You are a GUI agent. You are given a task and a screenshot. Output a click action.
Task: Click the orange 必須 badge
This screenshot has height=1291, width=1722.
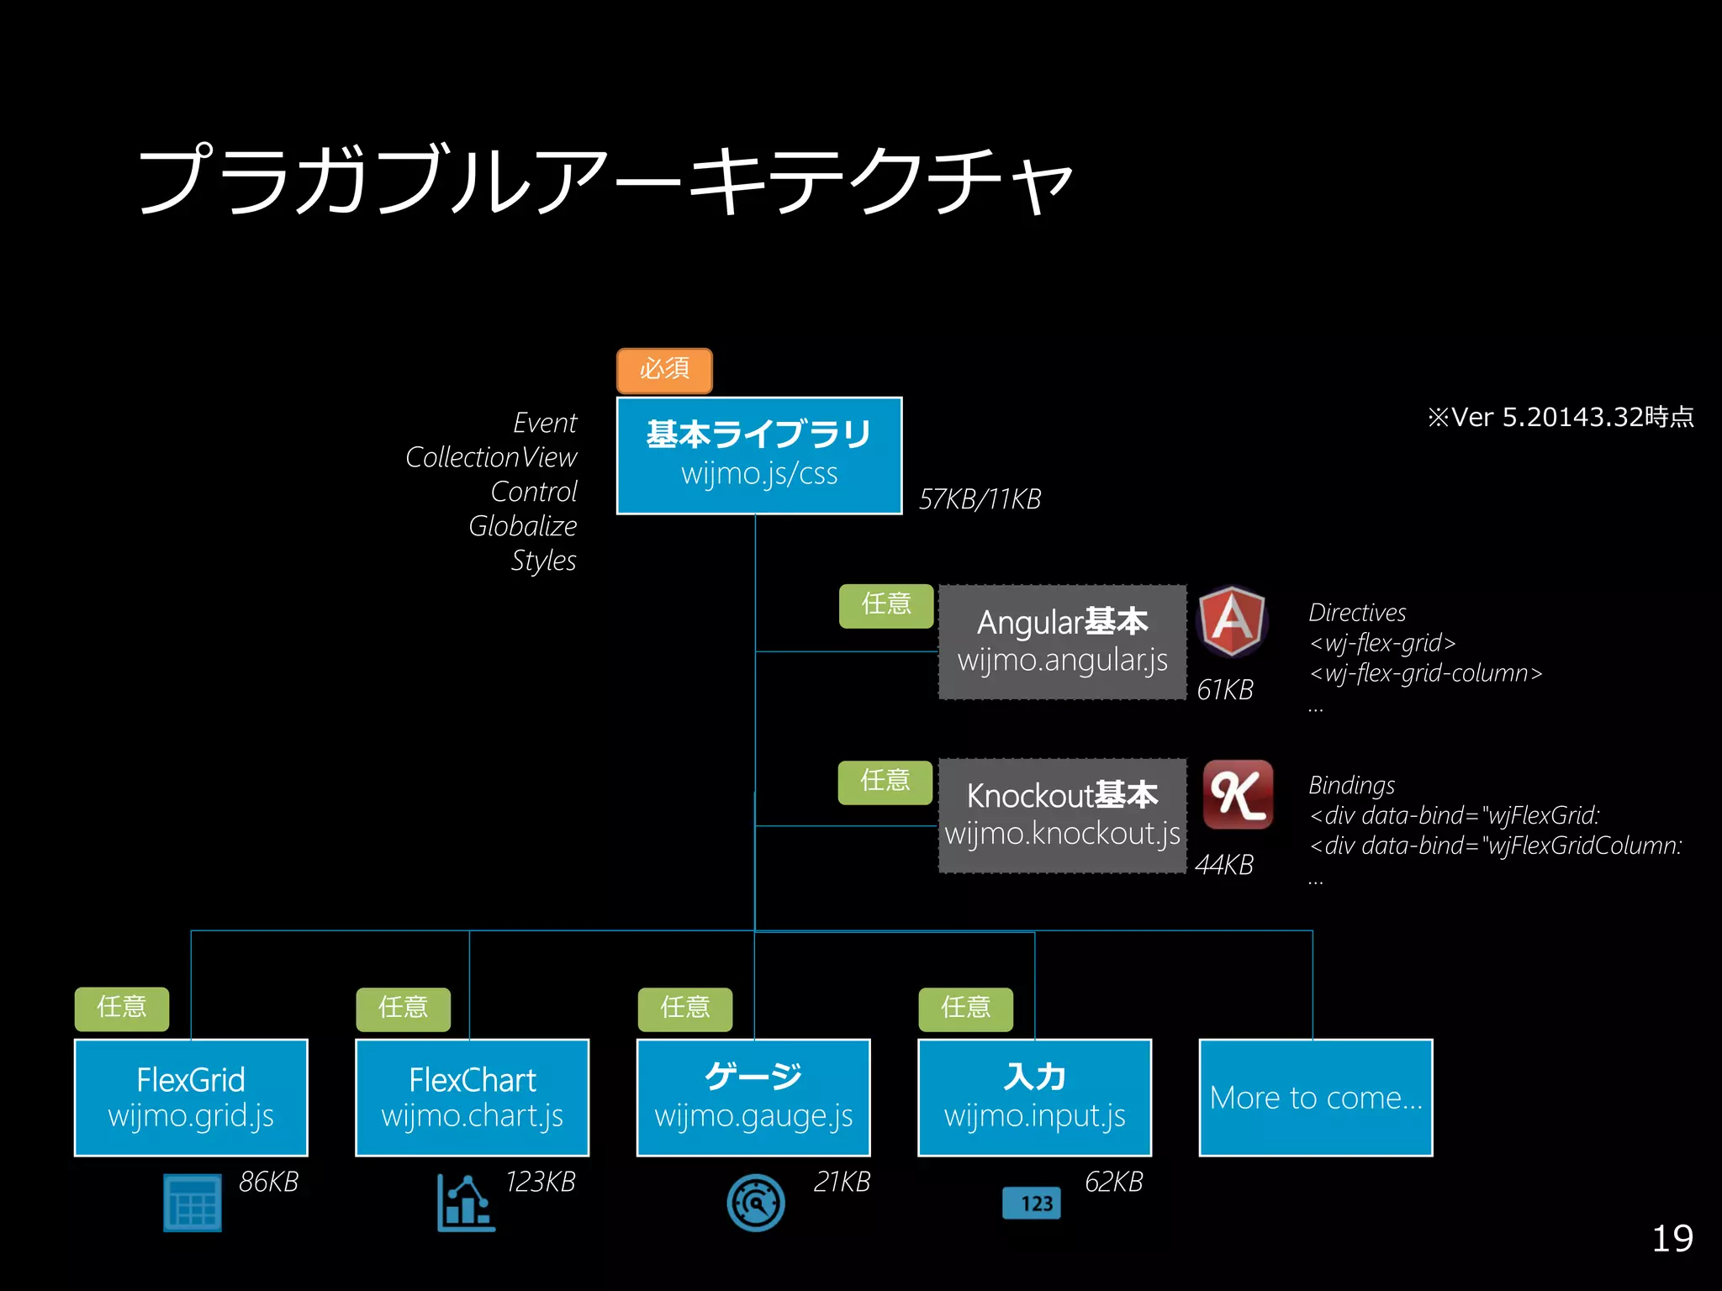pos(664,371)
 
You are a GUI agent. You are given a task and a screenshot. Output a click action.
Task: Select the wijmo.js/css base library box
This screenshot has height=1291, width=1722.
pos(759,456)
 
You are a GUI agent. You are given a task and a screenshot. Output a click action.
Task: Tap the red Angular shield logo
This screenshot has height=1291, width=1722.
pos(1232,621)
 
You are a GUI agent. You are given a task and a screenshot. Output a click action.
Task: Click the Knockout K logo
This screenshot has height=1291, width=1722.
pos(1237,794)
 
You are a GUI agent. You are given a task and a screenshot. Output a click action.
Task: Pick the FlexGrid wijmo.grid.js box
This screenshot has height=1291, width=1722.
pos(191,1097)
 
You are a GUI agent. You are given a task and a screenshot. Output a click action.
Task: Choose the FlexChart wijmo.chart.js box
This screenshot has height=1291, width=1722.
pos(472,1097)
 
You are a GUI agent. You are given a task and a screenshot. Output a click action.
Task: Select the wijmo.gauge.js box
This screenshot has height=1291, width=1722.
pos(753,1097)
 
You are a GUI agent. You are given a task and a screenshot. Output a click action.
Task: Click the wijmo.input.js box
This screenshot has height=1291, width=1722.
pos(1034,1097)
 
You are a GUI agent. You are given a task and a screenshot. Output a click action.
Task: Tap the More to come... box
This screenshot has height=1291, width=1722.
pos(1315,1097)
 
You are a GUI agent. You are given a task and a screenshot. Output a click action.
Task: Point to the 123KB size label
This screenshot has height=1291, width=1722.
pos(540,1182)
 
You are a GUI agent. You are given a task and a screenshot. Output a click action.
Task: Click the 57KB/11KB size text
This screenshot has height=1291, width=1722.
pos(980,499)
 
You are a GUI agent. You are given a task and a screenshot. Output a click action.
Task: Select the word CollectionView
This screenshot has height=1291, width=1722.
pos(491,457)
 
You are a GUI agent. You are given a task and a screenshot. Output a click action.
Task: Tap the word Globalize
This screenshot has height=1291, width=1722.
pos(522,526)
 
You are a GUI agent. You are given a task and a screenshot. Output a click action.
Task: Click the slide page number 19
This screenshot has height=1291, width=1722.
pos(1672,1239)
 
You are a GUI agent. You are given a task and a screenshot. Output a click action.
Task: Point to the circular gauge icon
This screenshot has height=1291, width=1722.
pos(756,1203)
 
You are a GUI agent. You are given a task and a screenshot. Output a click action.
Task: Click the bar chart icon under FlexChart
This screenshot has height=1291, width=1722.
pos(465,1203)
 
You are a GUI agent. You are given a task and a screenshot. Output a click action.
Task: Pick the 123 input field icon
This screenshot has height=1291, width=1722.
pos(1032,1203)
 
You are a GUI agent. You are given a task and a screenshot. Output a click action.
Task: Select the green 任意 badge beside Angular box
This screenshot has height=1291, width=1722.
pos(886,605)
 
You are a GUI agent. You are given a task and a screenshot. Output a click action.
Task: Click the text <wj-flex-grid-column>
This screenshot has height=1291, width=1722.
pos(1425,673)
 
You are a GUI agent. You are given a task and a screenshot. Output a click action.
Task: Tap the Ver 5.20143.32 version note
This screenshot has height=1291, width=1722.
pos(1560,417)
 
